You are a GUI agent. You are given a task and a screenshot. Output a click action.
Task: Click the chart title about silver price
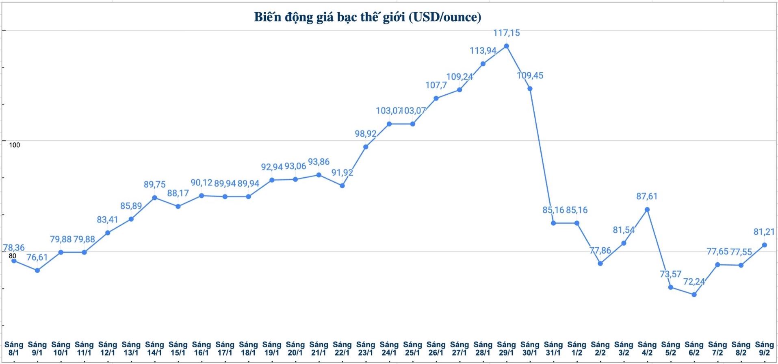pos(368,17)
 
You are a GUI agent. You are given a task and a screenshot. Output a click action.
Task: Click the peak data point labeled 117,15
pos(506,46)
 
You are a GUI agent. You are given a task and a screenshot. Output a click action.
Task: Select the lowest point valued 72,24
pos(694,294)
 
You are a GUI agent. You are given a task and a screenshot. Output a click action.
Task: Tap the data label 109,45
pos(530,75)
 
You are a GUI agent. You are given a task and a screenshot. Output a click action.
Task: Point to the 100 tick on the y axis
pos(14,145)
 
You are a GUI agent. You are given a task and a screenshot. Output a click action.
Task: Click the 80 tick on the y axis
pos(13,256)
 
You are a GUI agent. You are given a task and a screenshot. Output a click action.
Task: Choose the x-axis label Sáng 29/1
pos(506,349)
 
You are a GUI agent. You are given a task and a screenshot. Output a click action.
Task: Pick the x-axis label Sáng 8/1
pos(14,349)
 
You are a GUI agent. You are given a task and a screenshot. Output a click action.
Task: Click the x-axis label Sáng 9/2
pos(764,349)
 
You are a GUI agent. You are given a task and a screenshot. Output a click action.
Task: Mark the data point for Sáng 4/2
pos(647,209)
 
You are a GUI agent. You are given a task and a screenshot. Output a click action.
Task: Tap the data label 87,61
pos(647,196)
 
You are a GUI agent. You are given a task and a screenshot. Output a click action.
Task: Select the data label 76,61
pos(37,257)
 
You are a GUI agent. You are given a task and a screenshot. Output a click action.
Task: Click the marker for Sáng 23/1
pos(366,147)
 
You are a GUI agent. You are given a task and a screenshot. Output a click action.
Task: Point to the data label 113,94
pos(483,50)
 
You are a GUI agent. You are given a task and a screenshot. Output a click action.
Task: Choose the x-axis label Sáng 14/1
pos(154,349)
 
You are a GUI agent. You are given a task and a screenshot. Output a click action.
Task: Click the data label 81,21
pos(764,232)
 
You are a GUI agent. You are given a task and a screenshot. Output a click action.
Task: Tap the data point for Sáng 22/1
pos(342,185)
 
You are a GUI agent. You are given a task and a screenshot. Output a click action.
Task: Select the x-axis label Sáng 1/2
pos(576,349)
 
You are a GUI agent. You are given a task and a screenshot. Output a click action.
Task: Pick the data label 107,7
pos(436,85)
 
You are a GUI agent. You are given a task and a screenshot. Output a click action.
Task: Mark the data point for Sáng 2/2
pos(600,264)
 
